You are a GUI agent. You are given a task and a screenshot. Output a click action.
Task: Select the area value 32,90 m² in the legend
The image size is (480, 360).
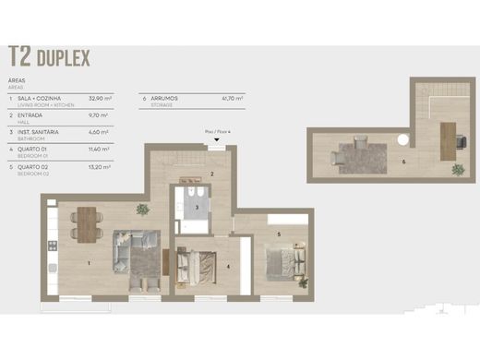(x=100, y=97)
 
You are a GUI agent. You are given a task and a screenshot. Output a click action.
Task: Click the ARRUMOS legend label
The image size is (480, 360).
(x=163, y=97)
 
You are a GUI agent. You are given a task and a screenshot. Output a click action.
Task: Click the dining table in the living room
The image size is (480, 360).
(x=87, y=222)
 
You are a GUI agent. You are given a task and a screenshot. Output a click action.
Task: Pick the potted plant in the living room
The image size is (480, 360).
(x=141, y=209)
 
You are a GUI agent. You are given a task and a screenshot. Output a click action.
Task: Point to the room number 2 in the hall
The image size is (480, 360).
(x=212, y=173)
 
